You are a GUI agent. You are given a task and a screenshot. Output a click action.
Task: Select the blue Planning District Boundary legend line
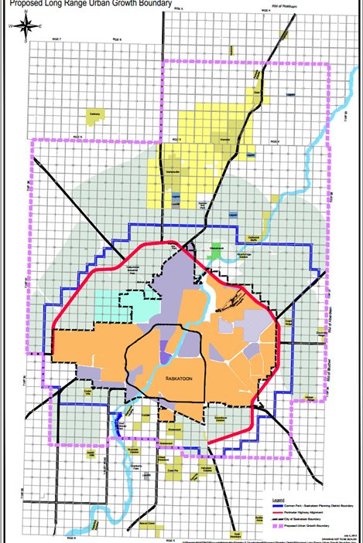263,491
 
